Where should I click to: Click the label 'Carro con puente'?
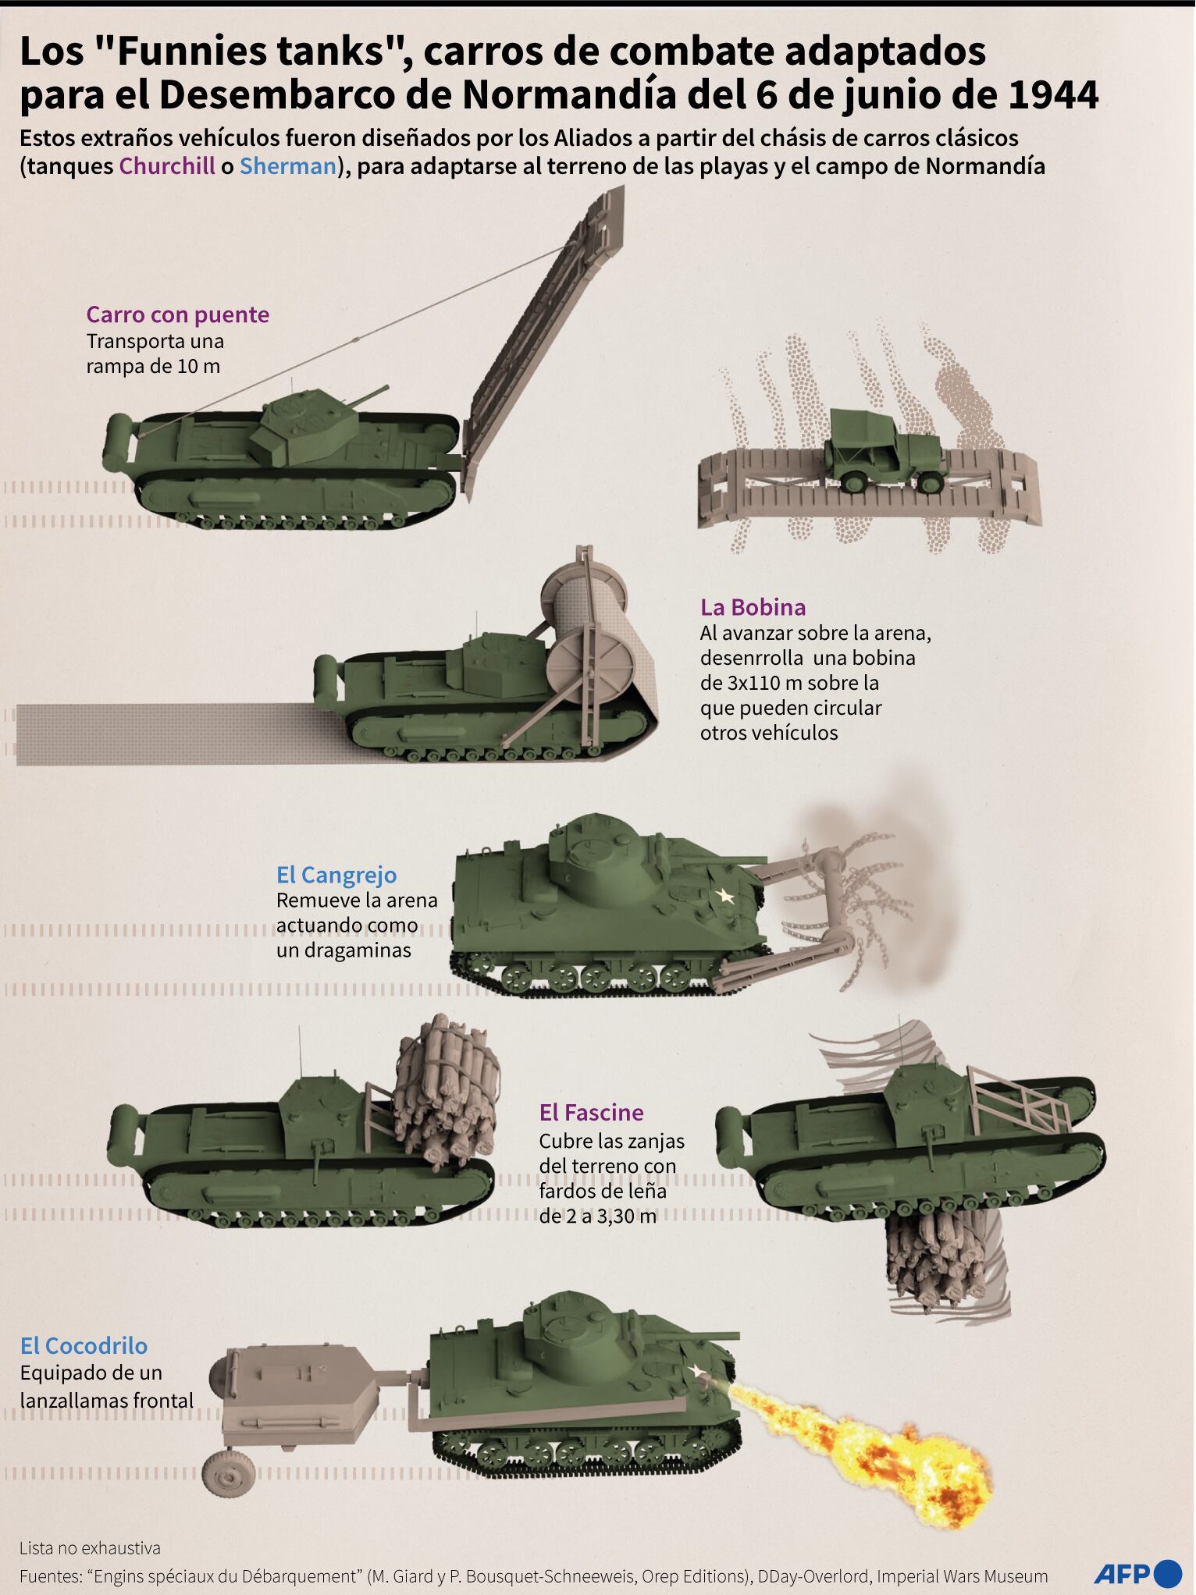[177, 314]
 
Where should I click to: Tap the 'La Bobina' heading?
[753, 607]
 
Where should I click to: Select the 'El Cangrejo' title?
[336, 876]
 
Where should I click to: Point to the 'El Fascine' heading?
[591, 1113]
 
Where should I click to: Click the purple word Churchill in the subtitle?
[167, 166]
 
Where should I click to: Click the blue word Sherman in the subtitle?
[288, 166]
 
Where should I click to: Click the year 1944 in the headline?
[1053, 95]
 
